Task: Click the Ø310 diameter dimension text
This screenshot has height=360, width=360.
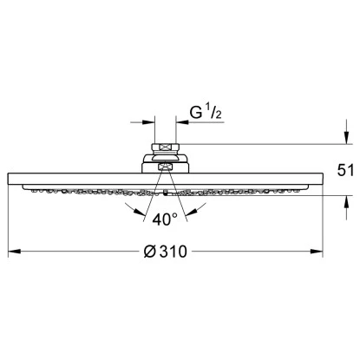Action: point(166,252)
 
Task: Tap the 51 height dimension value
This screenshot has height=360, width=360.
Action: point(345,170)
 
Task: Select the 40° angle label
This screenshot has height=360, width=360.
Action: point(165,219)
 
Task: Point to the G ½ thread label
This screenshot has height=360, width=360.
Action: point(206,112)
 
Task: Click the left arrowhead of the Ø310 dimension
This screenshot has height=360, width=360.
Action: point(14,252)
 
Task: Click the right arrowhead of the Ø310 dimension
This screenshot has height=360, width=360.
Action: point(317,252)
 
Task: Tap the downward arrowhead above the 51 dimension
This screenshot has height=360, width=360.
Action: point(346,138)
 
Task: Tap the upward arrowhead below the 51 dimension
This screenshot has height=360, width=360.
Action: point(346,201)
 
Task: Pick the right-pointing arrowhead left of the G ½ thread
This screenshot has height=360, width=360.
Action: point(149,122)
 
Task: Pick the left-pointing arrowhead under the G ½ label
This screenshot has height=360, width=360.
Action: point(182,122)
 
